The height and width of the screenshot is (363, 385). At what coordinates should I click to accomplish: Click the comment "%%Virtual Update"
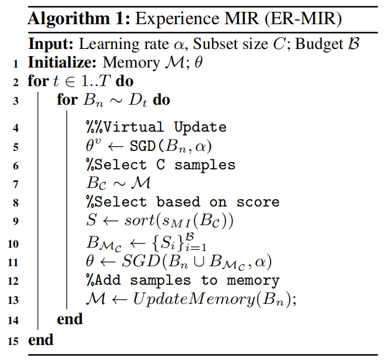click(x=156, y=127)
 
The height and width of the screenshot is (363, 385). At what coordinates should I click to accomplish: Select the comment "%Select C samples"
click(x=160, y=165)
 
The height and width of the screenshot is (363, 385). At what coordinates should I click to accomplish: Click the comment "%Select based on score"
click(x=182, y=203)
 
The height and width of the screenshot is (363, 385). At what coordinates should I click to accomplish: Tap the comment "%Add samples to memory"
click(x=182, y=280)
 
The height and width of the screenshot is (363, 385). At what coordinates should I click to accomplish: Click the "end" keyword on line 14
click(x=70, y=320)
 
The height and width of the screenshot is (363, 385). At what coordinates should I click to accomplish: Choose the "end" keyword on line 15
click(x=41, y=340)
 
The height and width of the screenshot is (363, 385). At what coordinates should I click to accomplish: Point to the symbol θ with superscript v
click(x=93, y=146)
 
